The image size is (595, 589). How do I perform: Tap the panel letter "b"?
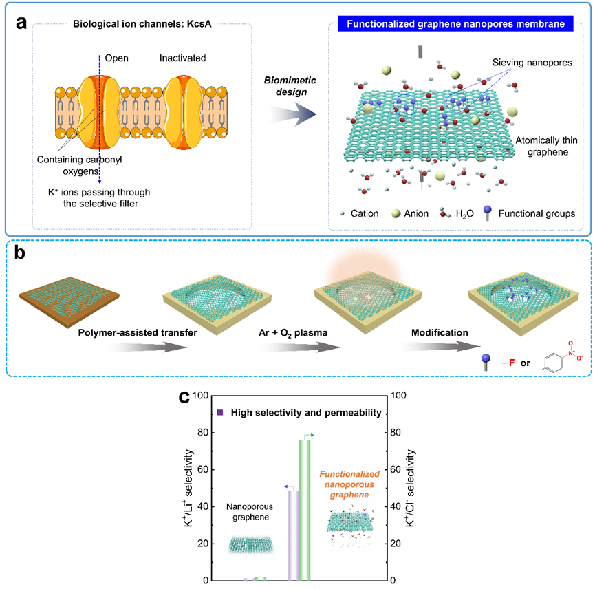[x=22, y=253]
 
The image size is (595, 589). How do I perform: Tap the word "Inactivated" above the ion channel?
[x=182, y=58]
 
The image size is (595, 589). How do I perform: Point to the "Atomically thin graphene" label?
[x=543, y=143]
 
